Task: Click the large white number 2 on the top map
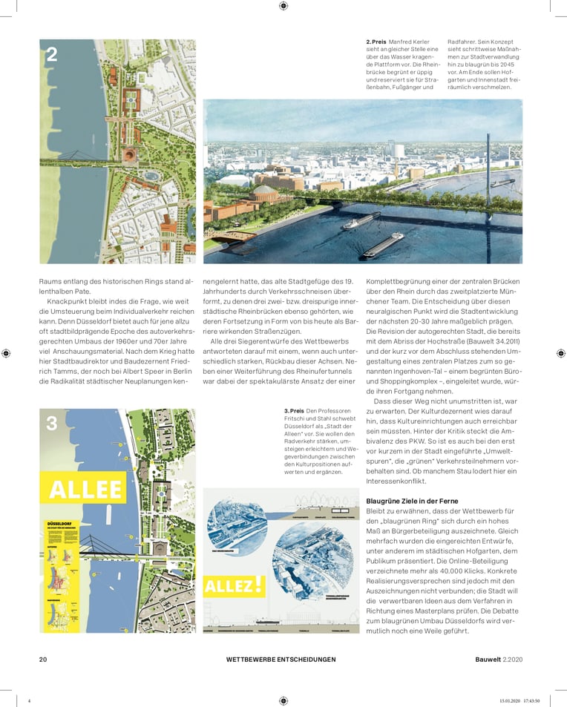click(52, 54)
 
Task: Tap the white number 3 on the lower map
click(52, 424)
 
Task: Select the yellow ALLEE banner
click(85, 490)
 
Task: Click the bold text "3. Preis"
click(294, 410)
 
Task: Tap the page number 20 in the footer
click(43, 660)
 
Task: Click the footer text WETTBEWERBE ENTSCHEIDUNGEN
click(281, 660)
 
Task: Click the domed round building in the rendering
click(308, 197)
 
